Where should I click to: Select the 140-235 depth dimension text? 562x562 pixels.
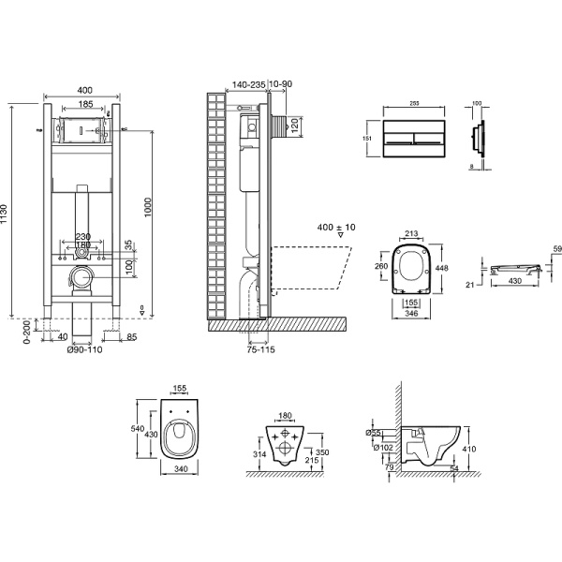pyautogui.click(x=246, y=83)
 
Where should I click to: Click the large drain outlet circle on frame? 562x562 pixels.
pyautogui.click(x=82, y=277)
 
